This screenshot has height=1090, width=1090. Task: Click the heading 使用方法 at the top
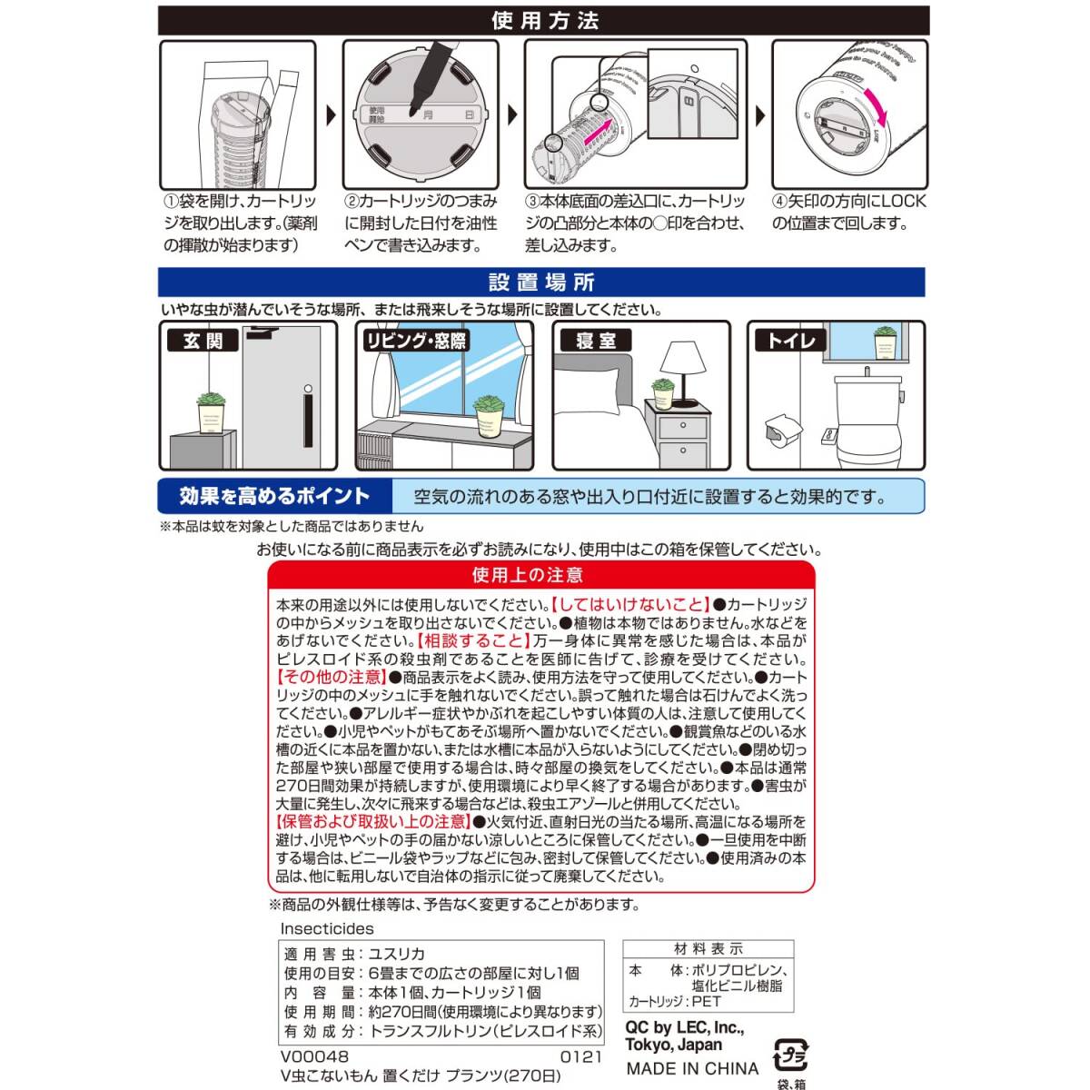pos(544,20)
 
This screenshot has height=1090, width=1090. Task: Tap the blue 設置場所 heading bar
pos(541,282)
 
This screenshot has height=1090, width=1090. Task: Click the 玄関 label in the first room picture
pos(202,341)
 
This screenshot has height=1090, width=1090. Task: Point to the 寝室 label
pos(596,341)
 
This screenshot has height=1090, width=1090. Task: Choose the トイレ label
pos(791,341)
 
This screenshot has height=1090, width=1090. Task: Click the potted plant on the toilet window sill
pos(885,342)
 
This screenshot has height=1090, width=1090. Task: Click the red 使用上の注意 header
pos(540,575)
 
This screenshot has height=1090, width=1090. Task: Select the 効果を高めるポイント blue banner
pos(274,496)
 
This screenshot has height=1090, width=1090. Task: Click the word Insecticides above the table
pos(327,928)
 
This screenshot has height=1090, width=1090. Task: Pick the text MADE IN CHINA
pos(691,1068)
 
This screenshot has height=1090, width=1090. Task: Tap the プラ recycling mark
pos(789,1056)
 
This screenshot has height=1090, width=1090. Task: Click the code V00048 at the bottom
pos(314,1056)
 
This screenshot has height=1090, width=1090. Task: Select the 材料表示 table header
pos(708,949)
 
